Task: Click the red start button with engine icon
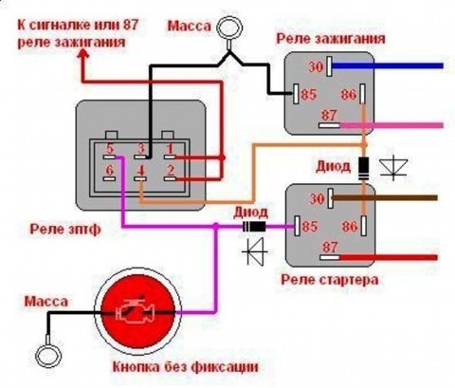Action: click(x=137, y=313)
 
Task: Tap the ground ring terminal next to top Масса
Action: click(x=229, y=28)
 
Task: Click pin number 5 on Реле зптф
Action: click(x=109, y=149)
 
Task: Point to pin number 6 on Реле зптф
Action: click(x=109, y=171)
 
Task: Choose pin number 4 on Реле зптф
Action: click(x=140, y=171)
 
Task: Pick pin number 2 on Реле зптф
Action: click(x=171, y=171)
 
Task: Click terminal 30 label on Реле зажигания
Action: click(x=316, y=67)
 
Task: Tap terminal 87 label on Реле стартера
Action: click(x=330, y=247)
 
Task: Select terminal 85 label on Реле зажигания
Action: click(x=308, y=94)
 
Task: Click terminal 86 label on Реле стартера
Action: click(x=349, y=227)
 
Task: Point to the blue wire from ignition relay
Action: click(x=388, y=66)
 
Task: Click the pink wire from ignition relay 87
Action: click(x=391, y=125)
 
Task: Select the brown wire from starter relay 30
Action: click(x=385, y=198)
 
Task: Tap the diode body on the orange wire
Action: click(x=364, y=169)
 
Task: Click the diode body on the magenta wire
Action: click(x=254, y=227)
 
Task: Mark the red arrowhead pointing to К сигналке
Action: click(x=83, y=56)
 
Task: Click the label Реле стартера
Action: click(x=330, y=280)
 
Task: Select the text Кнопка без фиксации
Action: click(x=186, y=367)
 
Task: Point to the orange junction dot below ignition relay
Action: click(x=364, y=144)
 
